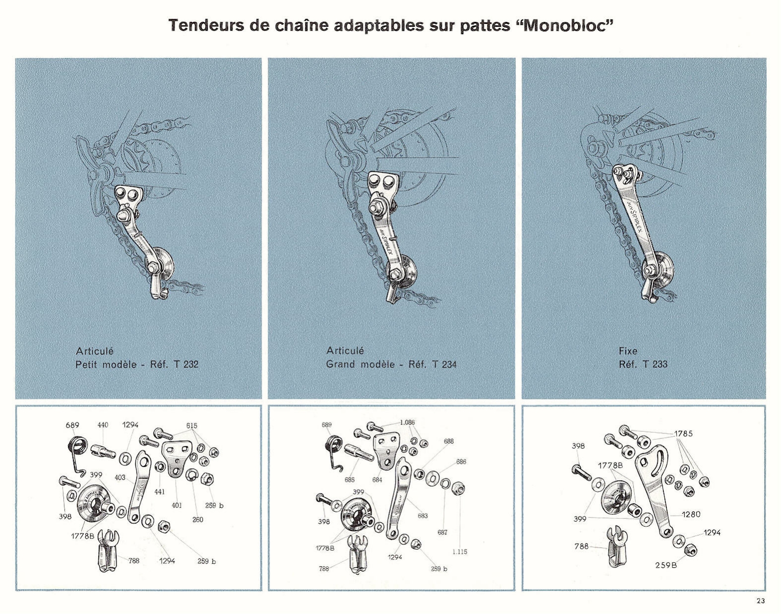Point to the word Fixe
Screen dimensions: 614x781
point(628,351)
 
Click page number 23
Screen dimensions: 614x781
point(761,601)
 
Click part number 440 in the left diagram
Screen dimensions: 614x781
point(103,425)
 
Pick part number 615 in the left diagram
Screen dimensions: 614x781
point(191,425)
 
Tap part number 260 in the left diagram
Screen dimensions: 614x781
point(198,519)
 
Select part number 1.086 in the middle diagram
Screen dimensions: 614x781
point(407,422)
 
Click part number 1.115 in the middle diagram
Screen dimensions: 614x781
point(460,551)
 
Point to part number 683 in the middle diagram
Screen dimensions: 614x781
point(422,516)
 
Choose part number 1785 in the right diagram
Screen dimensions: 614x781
point(683,433)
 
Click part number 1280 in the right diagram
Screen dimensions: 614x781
point(691,514)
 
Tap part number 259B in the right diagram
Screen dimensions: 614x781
point(665,565)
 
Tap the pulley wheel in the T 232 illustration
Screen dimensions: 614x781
point(162,264)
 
